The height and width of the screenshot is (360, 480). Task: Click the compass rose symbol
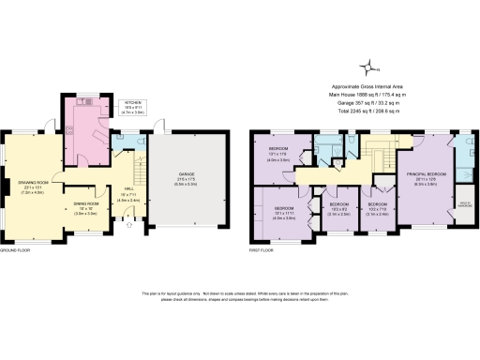[x=372, y=65]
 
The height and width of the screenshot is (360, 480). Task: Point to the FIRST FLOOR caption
[x=264, y=252]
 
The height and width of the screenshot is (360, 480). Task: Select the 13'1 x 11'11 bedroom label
[x=284, y=211]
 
